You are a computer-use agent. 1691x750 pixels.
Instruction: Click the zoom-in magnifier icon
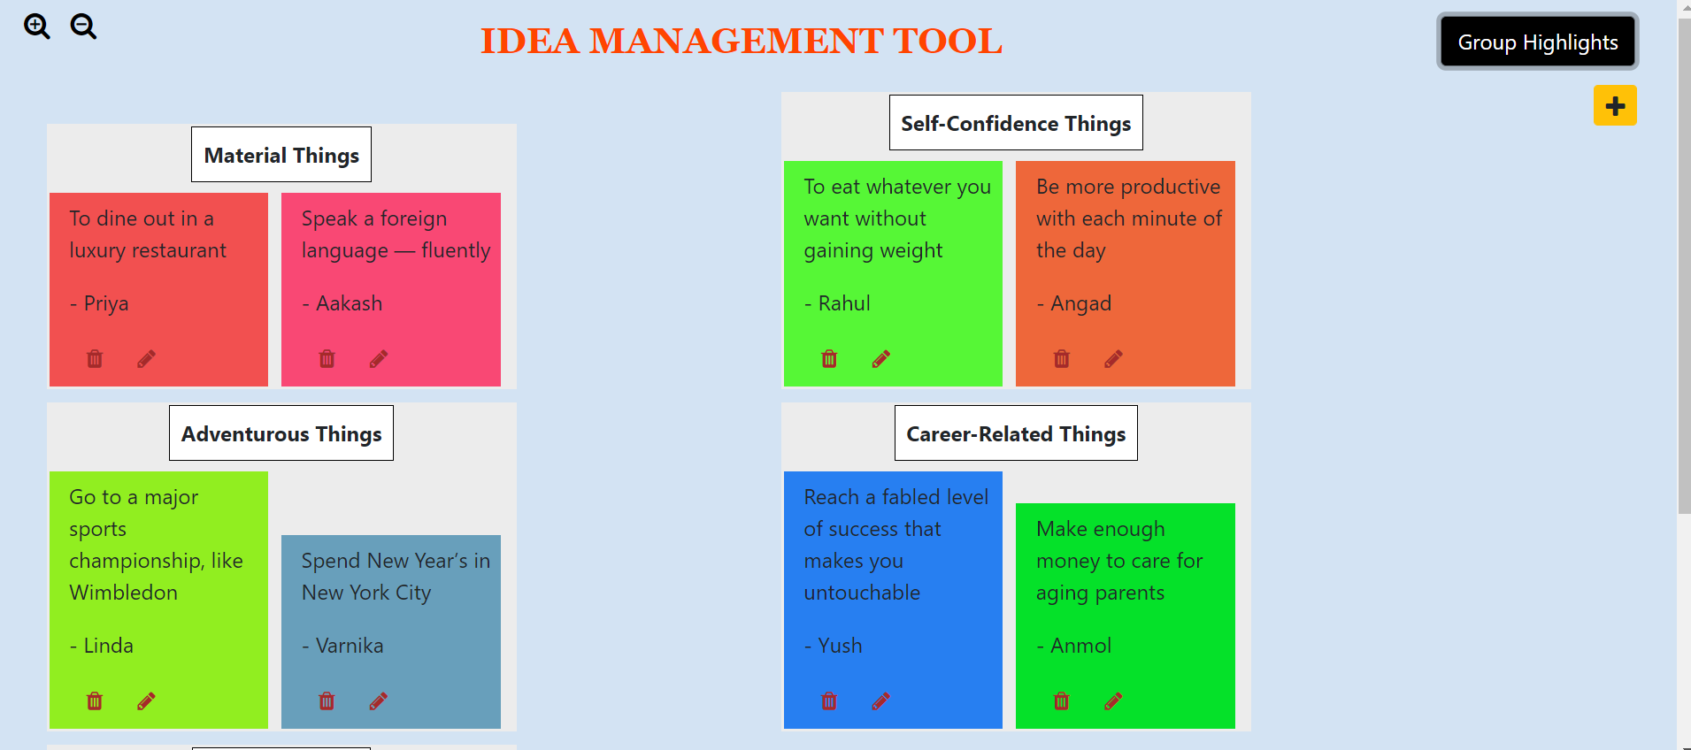[x=36, y=27]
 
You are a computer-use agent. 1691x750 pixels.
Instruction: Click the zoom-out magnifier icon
[x=83, y=27]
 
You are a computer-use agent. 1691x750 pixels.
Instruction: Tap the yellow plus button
[x=1615, y=106]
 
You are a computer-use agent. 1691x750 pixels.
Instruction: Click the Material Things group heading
[x=281, y=155]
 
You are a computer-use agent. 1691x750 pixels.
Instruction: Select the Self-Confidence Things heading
[x=1016, y=123]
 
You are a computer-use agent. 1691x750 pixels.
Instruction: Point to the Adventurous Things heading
[x=281, y=433]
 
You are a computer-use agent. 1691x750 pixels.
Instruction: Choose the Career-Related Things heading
[x=1016, y=433]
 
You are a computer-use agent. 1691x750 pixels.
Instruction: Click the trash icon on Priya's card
[x=95, y=358]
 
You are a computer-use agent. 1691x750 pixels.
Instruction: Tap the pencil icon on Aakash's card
[x=379, y=358]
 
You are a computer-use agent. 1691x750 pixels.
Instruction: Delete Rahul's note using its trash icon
[x=829, y=358]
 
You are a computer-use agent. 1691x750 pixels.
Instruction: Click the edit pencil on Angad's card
[x=1113, y=358]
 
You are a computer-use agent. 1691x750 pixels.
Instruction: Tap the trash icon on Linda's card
[x=95, y=701]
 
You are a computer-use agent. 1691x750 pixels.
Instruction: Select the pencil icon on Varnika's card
[x=379, y=701]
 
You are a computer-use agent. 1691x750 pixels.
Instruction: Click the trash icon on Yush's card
[x=829, y=701]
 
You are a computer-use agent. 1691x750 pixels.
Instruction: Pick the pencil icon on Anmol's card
[x=1113, y=701]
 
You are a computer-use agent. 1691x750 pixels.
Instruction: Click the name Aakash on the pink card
[x=350, y=303]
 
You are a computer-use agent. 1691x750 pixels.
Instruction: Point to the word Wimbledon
[x=124, y=593]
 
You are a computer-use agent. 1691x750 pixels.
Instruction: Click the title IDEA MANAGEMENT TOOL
[x=741, y=41]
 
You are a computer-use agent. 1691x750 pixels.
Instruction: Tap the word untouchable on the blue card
[x=862, y=593]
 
